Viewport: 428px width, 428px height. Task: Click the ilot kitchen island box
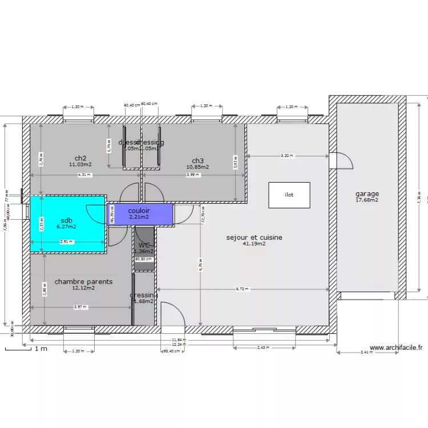pyautogui.click(x=289, y=195)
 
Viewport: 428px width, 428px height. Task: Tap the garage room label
pyautogui.click(x=367, y=194)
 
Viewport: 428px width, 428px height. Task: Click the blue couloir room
pyautogui.click(x=139, y=214)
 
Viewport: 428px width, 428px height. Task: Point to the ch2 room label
pyautogui.click(x=80, y=158)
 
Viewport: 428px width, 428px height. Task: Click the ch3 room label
pyautogui.click(x=197, y=160)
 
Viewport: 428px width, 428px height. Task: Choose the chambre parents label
pyautogui.click(x=83, y=281)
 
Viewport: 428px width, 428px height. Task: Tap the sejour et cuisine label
pyautogui.click(x=254, y=237)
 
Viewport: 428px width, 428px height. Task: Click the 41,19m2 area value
pyautogui.click(x=254, y=244)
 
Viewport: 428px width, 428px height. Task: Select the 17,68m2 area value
pyautogui.click(x=367, y=200)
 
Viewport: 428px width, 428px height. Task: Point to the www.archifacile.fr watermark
pyautogui.click(x=396, y=347)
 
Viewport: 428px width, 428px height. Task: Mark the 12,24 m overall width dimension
pyautogui.click(x=179, y=345)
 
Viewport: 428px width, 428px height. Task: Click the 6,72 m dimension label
pyautogui.click(x=243, y=289)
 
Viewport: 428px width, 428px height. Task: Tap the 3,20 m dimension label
pyautogui.click(x=288, y=156)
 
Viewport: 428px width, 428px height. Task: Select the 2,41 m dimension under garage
pyautogui.click(x=367, y=353)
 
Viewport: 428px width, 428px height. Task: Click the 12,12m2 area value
pyautogui.click(x=83, y=288)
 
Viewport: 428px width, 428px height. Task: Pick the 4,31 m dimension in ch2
pyautogui.click(x=84, y=175)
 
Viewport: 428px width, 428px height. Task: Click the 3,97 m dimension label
pyautogui.click(x=80, y=307)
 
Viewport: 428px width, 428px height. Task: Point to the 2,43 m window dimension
pyautogui.click(x=263, y=348)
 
